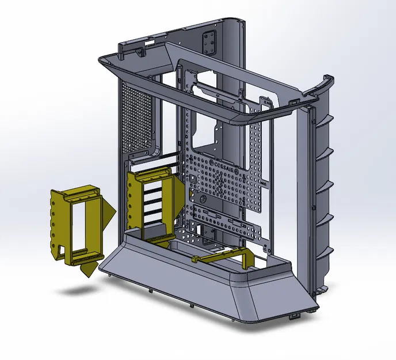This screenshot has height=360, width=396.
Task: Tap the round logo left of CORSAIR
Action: click(x=212, y=162)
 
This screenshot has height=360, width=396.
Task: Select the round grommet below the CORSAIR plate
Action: click(x=202, y=199)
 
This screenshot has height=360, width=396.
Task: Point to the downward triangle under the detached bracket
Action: click(x=89, y=269)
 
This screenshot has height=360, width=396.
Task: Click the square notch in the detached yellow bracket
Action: click(x=60, y=251)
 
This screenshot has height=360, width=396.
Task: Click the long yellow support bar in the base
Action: click(x=222, y=255)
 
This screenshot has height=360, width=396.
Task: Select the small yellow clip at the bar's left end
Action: click(x=196, y=259)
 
